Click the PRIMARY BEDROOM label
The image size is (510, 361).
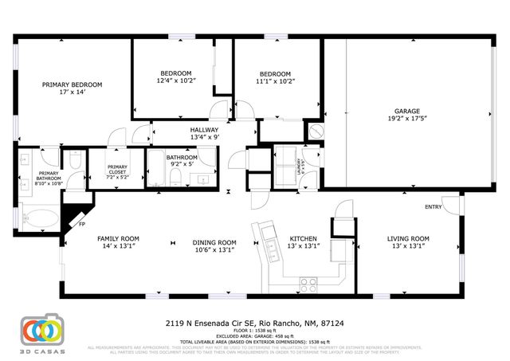tap(73, 84)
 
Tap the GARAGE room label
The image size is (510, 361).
tap(406, 112)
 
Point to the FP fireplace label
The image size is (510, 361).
tap(81, 224)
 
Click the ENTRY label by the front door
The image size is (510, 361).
tap(433, 207)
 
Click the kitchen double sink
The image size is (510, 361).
tap(260, 236)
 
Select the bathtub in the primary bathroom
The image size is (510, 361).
tap(39, 217)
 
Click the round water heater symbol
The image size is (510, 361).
tap(316, 131)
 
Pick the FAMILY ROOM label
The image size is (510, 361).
tap(118, 239)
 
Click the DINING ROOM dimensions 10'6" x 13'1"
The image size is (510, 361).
tap(215, 250)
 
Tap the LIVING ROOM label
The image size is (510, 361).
tap(408, 239)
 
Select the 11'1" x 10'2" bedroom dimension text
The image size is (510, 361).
tap(276, 80)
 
